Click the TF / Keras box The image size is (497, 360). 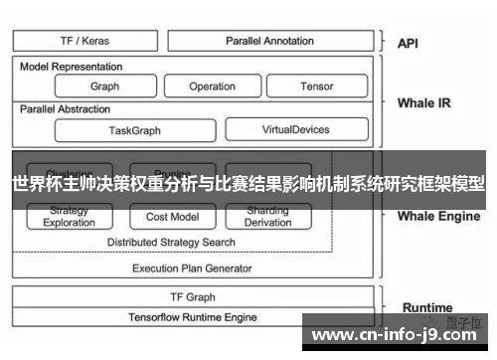point(84,41)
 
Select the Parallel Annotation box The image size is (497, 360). point(269,41)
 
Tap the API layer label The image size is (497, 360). point(408,43)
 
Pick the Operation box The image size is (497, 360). point(212,87)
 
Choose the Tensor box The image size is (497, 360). point(316,87)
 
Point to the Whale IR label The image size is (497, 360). point(423,102)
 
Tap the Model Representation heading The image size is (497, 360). point(72,67)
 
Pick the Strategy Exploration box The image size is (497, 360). point(70,217)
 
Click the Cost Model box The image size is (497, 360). point(172,217)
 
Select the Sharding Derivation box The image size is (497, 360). point(267,217)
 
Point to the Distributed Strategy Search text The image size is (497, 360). point(171,242)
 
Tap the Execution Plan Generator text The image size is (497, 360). point(192,269)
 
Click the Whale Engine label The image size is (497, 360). point(438,216)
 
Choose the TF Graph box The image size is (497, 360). point(192,297)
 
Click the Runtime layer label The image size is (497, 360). point(427,307)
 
